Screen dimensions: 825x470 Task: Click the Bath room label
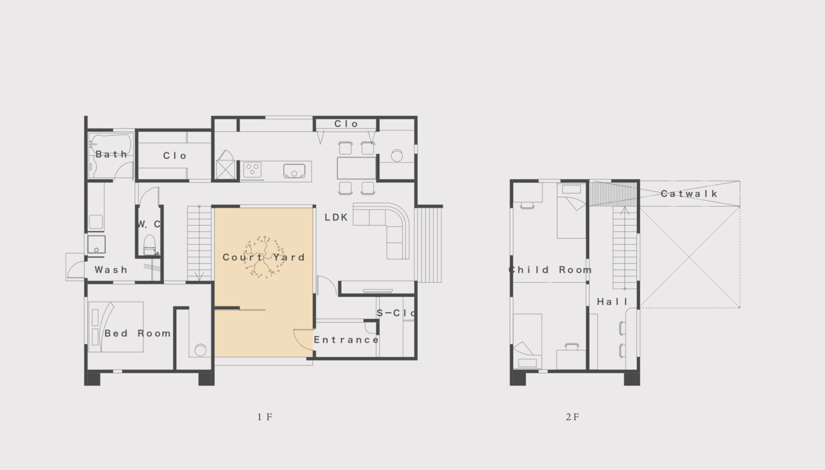pos(111,154)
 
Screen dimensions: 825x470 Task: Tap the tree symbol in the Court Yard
pos(264,257)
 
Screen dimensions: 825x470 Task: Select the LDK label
pos(336,218)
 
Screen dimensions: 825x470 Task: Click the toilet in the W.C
pos(149,245)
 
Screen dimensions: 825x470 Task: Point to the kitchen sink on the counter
pos(294,171)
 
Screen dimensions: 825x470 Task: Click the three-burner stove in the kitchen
pos(252,170)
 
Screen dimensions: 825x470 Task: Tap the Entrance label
pos(346,339)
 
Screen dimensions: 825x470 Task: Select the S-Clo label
pos(396,313)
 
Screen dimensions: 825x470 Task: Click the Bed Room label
pos(138,333)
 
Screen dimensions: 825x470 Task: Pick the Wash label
pos(111,270)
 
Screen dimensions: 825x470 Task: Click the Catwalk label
pos(689,193)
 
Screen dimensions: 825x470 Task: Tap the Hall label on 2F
pos(612,301)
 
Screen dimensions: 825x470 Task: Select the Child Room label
pos(550,270)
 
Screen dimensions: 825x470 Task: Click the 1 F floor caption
pos(264,417)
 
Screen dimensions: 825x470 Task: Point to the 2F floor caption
pos(572,417)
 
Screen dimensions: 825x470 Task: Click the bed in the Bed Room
pos(116,327)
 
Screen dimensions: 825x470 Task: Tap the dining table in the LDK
pos(356,168)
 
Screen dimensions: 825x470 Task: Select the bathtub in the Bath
pos(111,145)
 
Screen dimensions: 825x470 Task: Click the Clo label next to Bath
pos(175,156)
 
